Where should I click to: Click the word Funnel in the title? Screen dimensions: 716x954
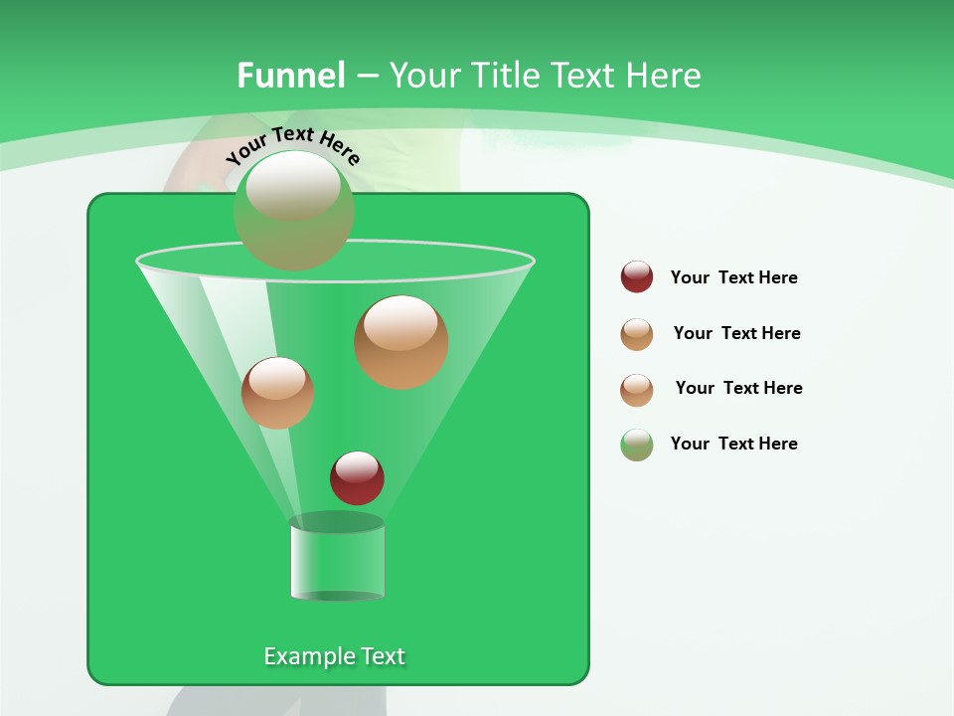(290, 76)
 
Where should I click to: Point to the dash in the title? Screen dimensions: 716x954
(366, 76)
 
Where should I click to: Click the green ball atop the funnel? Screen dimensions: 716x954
(293, 210)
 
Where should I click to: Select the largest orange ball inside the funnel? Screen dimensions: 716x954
(400, 342)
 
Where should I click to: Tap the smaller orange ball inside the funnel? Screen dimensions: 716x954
(277, 393)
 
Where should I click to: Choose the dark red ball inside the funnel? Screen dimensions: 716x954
(357, 477)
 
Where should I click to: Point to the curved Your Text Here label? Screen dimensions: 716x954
(292, 145)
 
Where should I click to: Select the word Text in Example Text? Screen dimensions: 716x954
(383, 656)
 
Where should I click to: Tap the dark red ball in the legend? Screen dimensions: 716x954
(637, 277)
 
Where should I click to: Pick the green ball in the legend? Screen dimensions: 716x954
(637, 445)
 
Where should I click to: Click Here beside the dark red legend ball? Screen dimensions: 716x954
(778, 277)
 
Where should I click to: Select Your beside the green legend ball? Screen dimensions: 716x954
(690, 444)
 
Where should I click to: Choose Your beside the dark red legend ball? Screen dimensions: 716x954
(690, 277)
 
